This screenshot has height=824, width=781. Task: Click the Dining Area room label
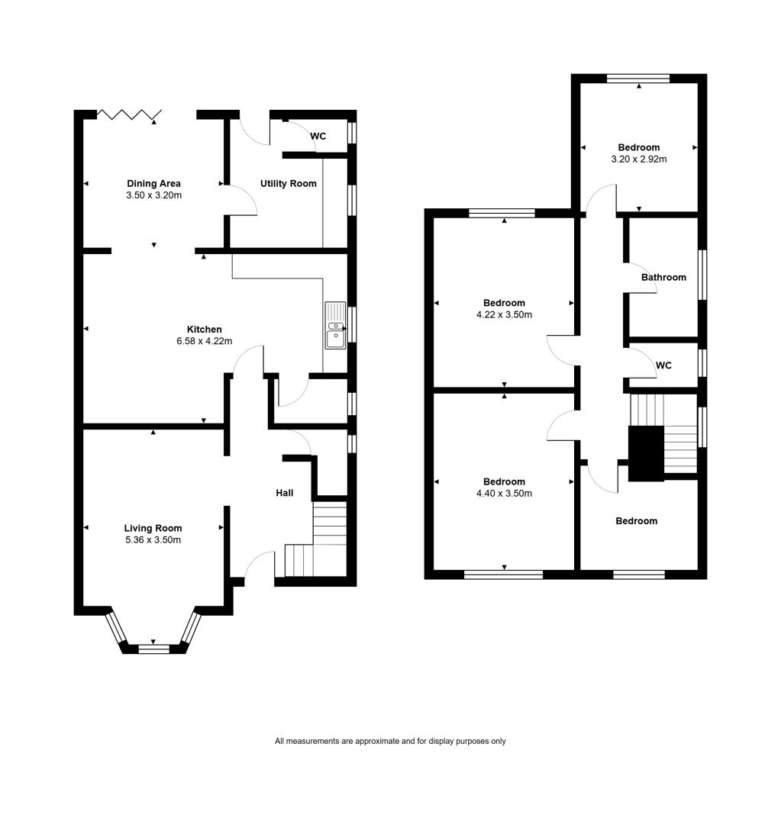pyautogui.click(x=153, y=183)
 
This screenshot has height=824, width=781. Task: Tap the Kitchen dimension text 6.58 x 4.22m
pyautogui.click(x=204, y=341)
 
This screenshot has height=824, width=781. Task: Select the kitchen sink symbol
pyautogui.click(x=336, y=326)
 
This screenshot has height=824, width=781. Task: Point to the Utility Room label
pyautogui.click(x=289, y=183)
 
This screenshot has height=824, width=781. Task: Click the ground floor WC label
pyautogui.click(x=318, y=136)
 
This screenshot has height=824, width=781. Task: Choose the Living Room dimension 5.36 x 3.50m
pyautogui.click(x=153, y=540)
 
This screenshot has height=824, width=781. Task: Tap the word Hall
pyautogui.click(x=285, y=493)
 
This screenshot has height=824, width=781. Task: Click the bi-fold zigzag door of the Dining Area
pyautogui.click(x=129, y=114)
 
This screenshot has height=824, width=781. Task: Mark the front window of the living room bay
pyautogui.click(x=153, y=649)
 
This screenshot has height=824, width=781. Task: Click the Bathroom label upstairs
pyautogui.click(x=663, y=278)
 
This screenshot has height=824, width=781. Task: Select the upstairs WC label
pyautogui.click(x=663, y=365)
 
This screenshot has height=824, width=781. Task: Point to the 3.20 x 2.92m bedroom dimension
pyautogui.click(x=639, y=159)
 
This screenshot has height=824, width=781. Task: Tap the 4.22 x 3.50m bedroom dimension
pyautogui.click(x=505, y=315)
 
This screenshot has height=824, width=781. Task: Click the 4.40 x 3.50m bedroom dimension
pyautogui.click(x=505, y=494)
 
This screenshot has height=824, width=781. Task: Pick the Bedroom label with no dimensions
pyautogui.click(x=637, y=521)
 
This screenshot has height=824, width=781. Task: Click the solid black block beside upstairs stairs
pyautogui.click(x=647, y=453)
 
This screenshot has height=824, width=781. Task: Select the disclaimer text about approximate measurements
pyautogui.click(x=390, y=741)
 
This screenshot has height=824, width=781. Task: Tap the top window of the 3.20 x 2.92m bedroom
pyautogui.click(x=638, y=79)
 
